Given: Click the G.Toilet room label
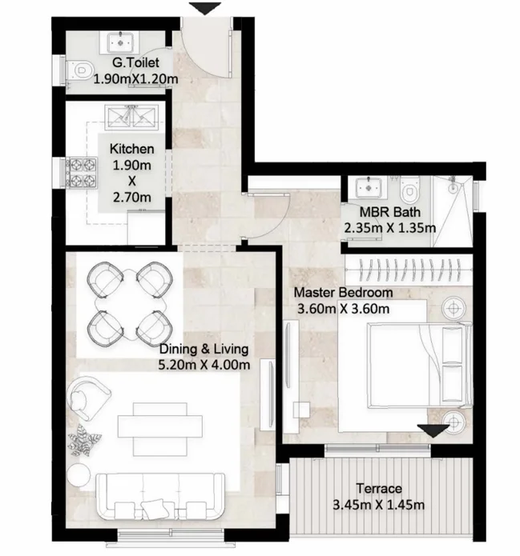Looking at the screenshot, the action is click(x=135, y=62).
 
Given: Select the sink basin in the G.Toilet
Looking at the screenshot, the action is click(x=120, y=42).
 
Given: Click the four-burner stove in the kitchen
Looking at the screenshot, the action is click(x=82, y=173).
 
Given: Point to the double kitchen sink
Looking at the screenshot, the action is click(x=131, y=118).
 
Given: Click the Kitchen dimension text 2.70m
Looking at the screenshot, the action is click(x=131, y=197).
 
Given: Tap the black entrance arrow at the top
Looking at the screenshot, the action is click(x=205, y=9).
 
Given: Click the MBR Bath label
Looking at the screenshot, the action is click(x=389, y=212).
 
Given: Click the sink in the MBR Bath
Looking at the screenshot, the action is click(x=369, y=187).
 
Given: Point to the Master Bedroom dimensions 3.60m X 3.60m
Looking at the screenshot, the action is click(x=343, y=309).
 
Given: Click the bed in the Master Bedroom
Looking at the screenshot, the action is click(x=420, y=366).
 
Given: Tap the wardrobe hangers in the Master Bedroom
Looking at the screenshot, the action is click(x=409, y=270).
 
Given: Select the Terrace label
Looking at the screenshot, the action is click(x=379, y=489).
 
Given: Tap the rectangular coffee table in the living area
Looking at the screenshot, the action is click(x=160, y=429).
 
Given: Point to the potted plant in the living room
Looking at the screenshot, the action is click(x=84, y=439).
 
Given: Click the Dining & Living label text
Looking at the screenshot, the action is click(x=204, y=350).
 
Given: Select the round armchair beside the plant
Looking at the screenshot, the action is click(x=87, y=398).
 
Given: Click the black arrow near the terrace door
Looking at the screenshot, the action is click(x=433, y=430).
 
